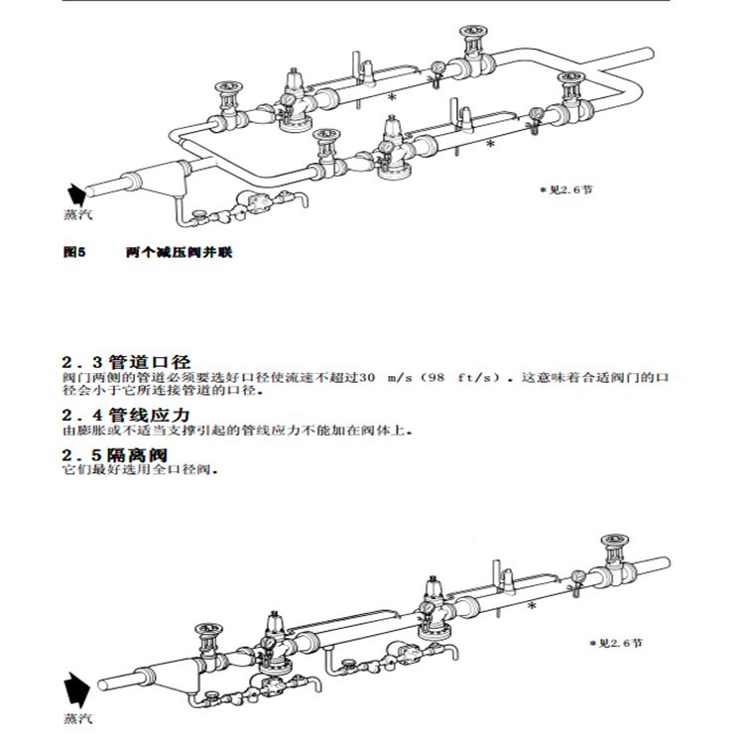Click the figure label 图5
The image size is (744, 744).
tap(74, 253)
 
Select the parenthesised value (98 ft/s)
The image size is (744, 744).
tap(460, 378)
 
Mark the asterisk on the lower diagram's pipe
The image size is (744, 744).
tap(532, 605)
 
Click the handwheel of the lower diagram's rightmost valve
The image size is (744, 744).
tap(614, 542)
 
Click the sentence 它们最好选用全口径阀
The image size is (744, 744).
tap(139, 470)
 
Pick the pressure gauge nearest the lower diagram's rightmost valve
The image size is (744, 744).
tap(576, 574)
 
